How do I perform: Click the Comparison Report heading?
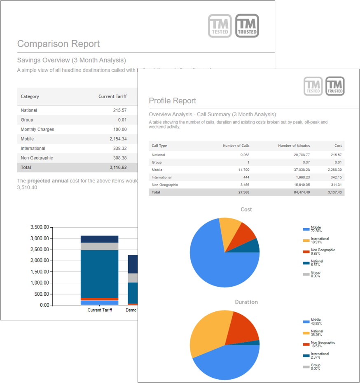click(58, 44)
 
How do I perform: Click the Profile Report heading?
click(172, 101)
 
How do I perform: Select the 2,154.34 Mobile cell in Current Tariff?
click(117, 139)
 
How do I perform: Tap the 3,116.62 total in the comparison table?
click(118, 168)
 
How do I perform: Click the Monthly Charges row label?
click(37, 129)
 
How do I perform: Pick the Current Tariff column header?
click(112, 96)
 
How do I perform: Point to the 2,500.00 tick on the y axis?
click(40, 250)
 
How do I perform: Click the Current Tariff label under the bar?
click(100, 310)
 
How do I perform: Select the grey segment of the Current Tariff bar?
click(99, 246)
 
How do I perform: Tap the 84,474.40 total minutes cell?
click(300, 192)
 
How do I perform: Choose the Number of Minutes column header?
click(294, 145)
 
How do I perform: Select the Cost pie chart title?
click(246, 209)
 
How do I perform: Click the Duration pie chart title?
click(246, 302)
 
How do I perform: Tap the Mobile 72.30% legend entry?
click(316, 229)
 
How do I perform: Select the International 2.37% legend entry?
click(319, 355)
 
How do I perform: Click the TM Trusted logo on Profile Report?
click(335, 86)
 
